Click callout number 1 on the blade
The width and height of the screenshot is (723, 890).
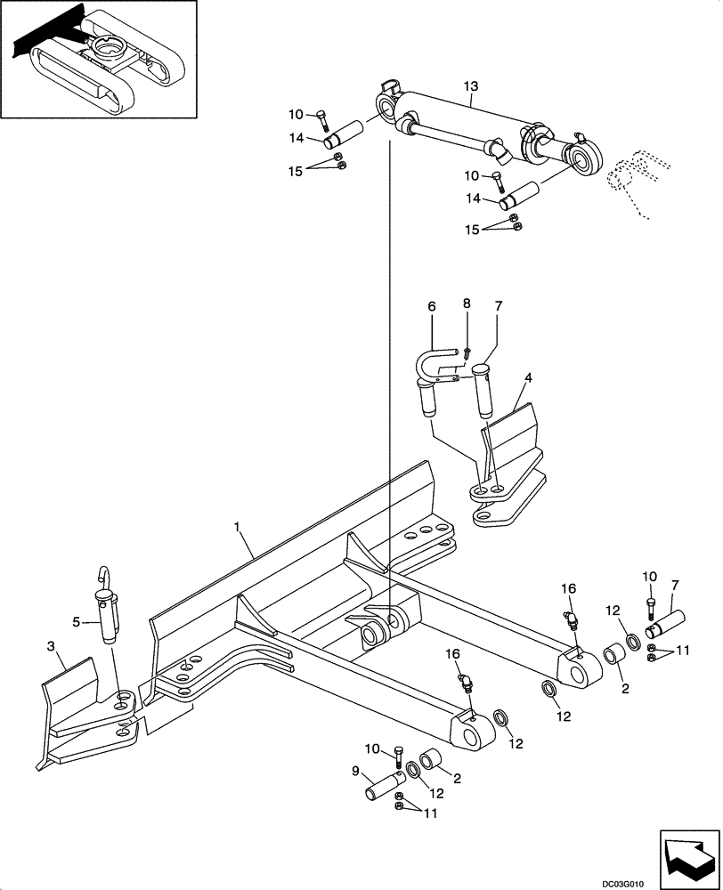tap(239, 528)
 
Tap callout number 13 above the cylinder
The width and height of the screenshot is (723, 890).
tap(471, 86)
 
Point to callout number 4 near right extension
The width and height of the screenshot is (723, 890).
tap(528, 377)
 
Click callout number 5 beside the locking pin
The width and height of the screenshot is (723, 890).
tap(77, 621)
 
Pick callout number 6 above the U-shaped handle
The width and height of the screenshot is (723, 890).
tap(432, 306)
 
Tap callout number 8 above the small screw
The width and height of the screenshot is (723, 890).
tap(466, 304)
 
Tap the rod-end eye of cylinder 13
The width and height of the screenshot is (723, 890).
tap(589, 163)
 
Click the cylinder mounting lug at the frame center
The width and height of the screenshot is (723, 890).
tap(378, 627)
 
